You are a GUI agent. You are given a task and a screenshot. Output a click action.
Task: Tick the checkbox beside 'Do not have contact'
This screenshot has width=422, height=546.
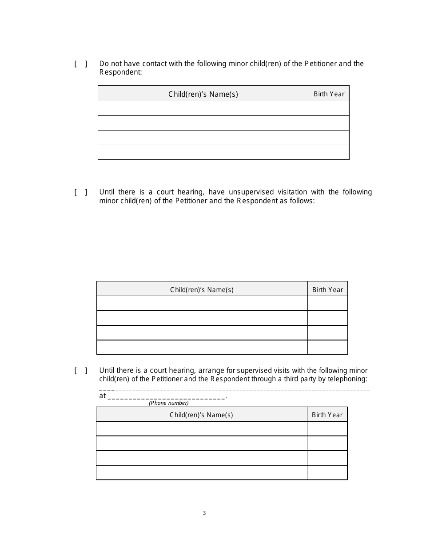pos(80,64)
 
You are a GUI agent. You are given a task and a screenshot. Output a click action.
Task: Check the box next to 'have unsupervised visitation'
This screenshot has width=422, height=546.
pos(80,192)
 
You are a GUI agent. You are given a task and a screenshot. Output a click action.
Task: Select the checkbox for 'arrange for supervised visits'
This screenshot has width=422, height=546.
pos(80,371)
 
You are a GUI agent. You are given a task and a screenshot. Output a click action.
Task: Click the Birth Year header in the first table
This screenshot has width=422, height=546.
pos(329,94)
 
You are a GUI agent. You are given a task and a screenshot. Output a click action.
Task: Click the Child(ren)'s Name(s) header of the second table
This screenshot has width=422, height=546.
pos(202,290)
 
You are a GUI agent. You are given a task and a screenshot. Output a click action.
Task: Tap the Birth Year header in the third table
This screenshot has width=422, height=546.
pos(327,415)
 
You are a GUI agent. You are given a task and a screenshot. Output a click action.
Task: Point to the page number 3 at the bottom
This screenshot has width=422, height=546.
pos(204,513)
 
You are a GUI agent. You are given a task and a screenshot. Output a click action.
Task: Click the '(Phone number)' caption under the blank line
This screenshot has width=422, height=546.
pos(168,403)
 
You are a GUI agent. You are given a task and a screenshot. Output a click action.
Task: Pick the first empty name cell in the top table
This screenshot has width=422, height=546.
pos(203,108)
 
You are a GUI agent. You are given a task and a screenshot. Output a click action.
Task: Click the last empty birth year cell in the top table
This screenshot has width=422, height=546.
pos(329,152)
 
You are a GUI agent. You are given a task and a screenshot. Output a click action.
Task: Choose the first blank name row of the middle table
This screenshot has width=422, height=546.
pos(202,304)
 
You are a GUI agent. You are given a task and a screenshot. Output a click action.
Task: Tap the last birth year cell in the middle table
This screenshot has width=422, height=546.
pos(327,347)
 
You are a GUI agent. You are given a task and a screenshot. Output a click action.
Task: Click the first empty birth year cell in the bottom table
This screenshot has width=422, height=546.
pos(327,429)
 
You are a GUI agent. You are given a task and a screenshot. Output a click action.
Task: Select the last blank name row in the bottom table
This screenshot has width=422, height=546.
pos(201,472)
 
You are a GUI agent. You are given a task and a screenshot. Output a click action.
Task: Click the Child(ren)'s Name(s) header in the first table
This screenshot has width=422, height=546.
pos(203,94)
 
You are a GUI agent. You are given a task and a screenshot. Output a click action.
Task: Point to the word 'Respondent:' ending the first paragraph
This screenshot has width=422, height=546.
pos(120,72)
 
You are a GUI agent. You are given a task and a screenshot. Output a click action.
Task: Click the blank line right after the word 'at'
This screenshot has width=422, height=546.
pos(167,396)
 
